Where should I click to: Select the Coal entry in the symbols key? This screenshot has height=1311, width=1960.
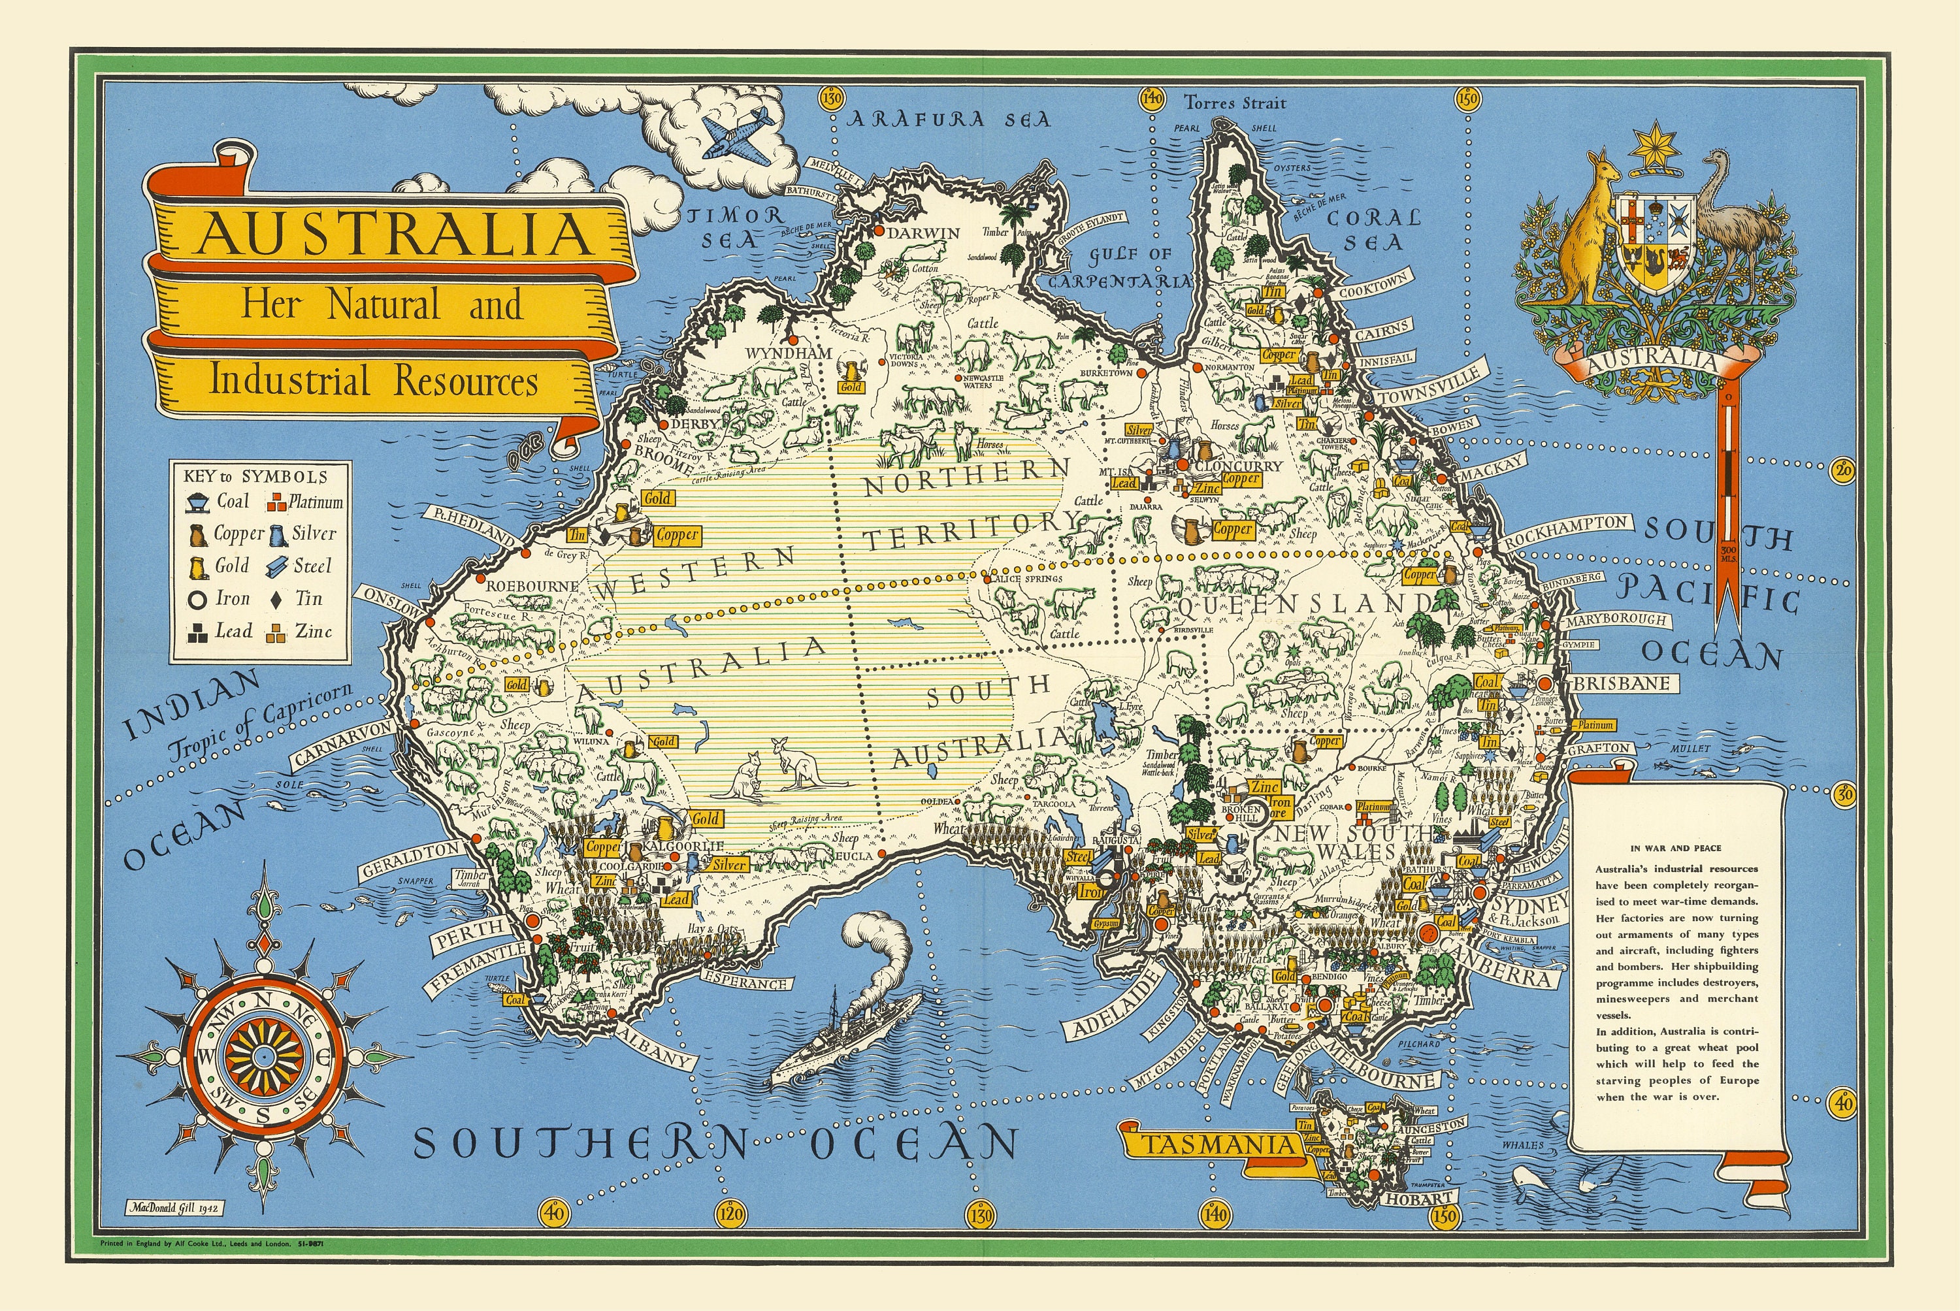(x=218, y=502)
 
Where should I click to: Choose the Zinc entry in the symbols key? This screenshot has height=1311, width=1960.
(x=302, y=632)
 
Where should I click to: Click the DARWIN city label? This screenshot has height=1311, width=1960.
(x=923, y=233)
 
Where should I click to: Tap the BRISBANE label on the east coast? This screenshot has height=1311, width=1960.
(x=1620, y=683)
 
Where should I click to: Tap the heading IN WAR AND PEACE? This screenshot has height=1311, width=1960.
(x=1675, y=848)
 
